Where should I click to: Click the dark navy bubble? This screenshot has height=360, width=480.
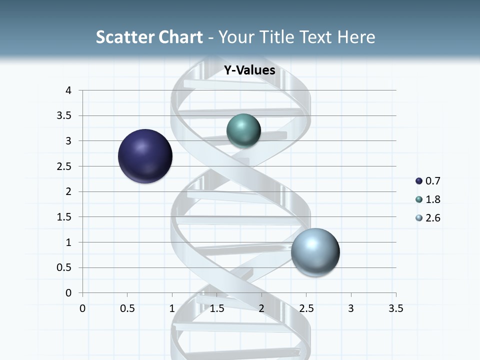tap(145, 156)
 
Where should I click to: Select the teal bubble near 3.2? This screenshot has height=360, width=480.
tap(243, 131)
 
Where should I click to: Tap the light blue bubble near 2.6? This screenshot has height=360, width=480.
tap(315, 252)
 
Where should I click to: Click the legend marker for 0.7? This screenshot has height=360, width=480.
tap(419, 181)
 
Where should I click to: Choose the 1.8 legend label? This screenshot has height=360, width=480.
tap(433, 199)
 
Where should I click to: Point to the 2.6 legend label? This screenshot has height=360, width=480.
tap(433, 218)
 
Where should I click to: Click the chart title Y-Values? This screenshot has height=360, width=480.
tap(249, 70)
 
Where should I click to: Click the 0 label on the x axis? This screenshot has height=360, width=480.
tap(82, 308)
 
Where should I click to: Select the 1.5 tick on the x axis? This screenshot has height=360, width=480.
tap(217, 308)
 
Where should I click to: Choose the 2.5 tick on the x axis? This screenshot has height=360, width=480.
tap(306, 308)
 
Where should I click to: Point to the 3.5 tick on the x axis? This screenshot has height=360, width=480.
tap(396, 308)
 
